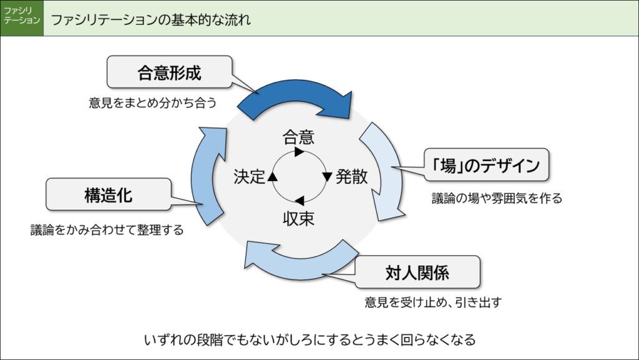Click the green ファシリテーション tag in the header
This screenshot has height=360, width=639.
coord(22,19)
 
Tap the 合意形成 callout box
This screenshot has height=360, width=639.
coord(169,72)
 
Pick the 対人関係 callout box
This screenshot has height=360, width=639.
coord(417,273)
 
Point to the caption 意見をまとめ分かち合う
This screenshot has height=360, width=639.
coord(153,103)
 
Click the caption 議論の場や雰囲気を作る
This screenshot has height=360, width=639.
coord(497,199)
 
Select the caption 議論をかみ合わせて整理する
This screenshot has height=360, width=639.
coord(107,230)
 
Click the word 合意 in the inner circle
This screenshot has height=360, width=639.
coord(298,136)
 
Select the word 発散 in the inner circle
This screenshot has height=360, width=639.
coord(353,177)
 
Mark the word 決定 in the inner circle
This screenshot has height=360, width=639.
coord(249,177)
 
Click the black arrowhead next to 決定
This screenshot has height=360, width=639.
coord(272,177)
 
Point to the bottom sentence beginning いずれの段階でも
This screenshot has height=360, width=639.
coord(310,340)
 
